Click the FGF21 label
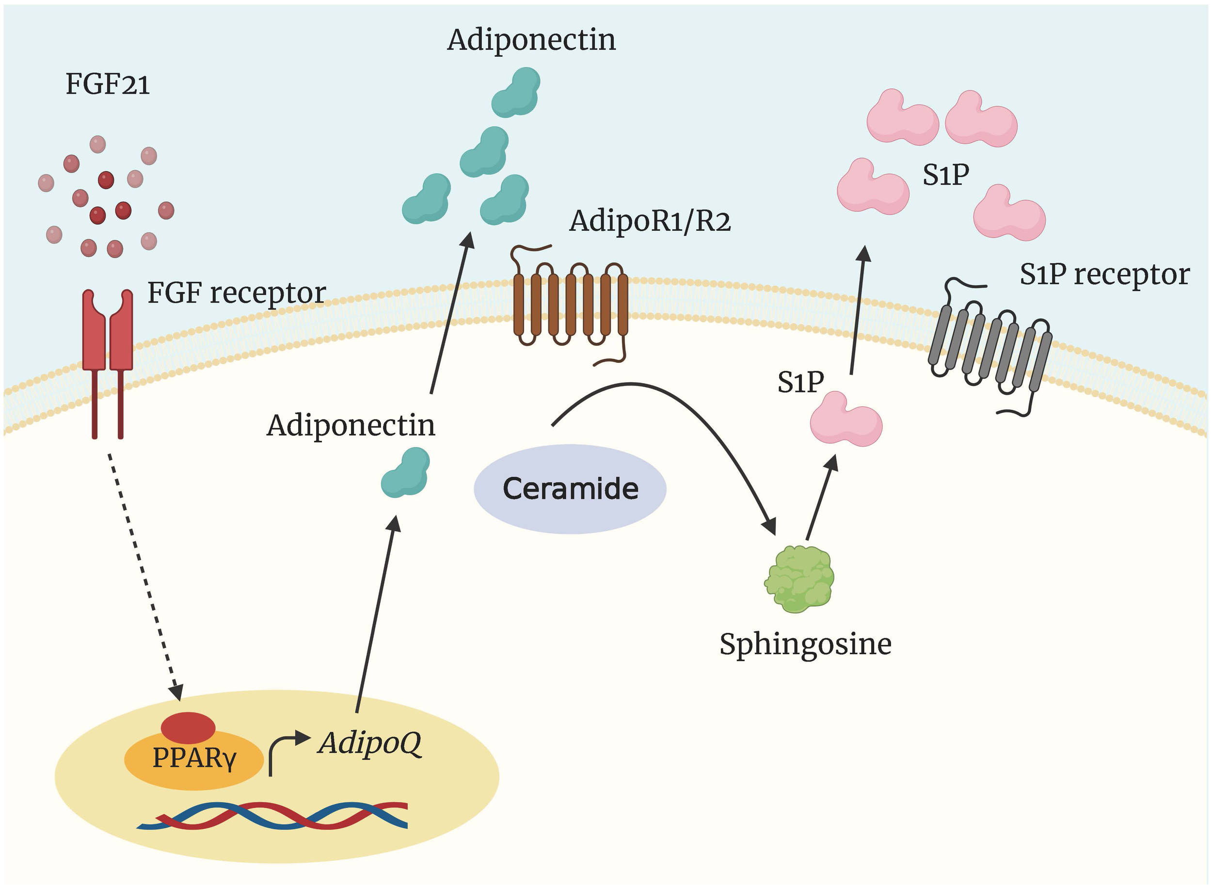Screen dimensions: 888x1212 coord(108,84)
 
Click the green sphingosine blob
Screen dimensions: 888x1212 coord(799,579)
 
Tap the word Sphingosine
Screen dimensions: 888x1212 coord(805,644)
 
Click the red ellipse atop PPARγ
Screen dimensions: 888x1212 coord(188,727)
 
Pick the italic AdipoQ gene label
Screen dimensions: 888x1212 coord(369,744)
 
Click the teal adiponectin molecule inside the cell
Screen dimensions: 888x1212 coord(406,473)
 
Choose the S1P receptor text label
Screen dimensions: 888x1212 coord(1104,274)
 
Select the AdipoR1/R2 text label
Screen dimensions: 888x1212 coord(650,221)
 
